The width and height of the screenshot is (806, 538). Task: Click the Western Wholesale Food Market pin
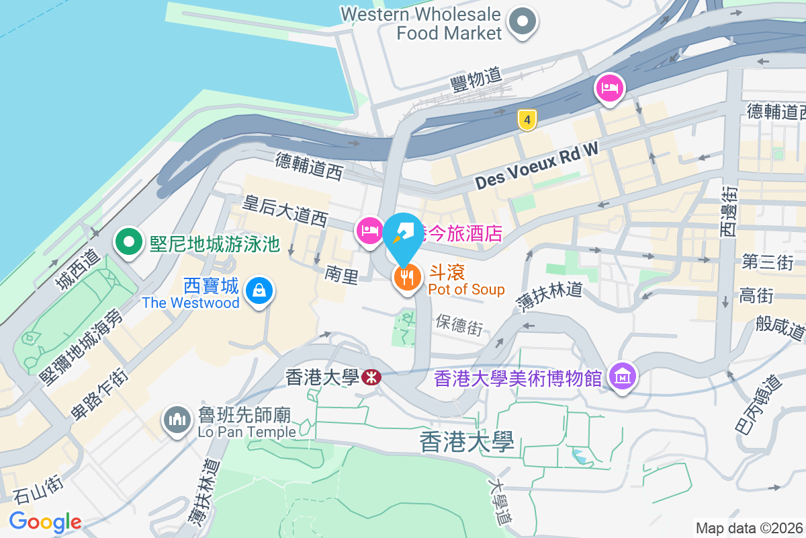pyautogui.click(x=523, y=22)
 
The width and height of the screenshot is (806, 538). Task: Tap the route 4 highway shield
pyautogui.click(x=528, y=120)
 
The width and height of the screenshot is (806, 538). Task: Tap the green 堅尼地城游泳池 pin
pyautogui.click(x=128, y=242)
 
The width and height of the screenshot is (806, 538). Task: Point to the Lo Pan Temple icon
pyautogui.click(x=177, y=421)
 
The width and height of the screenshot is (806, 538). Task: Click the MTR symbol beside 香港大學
pyautogui.click(x=370, y=377)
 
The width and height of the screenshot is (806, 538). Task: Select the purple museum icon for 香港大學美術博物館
pyautogui.click(x=621, y=377)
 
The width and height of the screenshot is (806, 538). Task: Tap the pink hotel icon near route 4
pyautogui.click(x=609, y=87)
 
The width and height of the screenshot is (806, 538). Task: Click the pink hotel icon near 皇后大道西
pyautogui.click(x=369, y=231)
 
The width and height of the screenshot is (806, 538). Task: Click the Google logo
pyautogui.click(x=45, y=522)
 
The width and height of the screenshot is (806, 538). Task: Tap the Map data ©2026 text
pyautogui.click(x=749, y=528)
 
